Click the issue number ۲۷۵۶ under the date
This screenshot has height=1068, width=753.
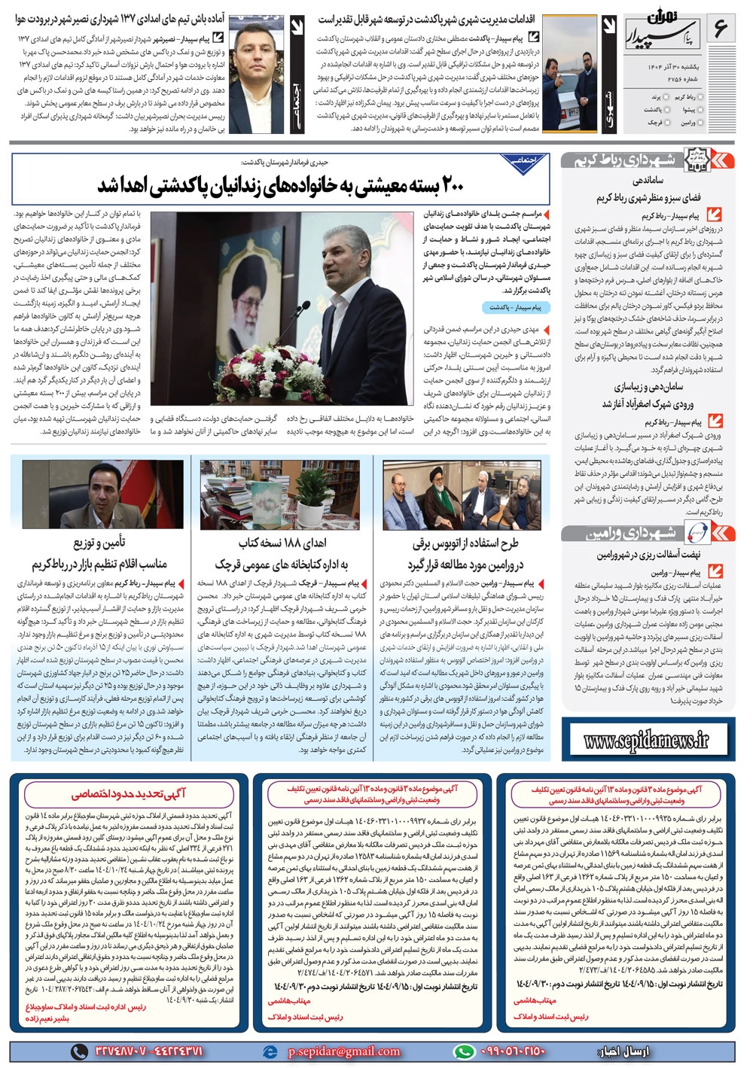(656, 81)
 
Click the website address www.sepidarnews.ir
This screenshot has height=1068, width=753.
(647, 741)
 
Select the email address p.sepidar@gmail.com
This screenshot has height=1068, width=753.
(344, 1051)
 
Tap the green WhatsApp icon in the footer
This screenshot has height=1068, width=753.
(465, 1051)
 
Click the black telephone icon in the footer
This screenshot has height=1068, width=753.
(79, 1051)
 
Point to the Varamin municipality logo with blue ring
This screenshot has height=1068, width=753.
(697, 533)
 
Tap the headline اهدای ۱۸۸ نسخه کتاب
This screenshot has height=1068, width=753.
(283, 543)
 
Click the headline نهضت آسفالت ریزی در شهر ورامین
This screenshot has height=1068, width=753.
(648, 555)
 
